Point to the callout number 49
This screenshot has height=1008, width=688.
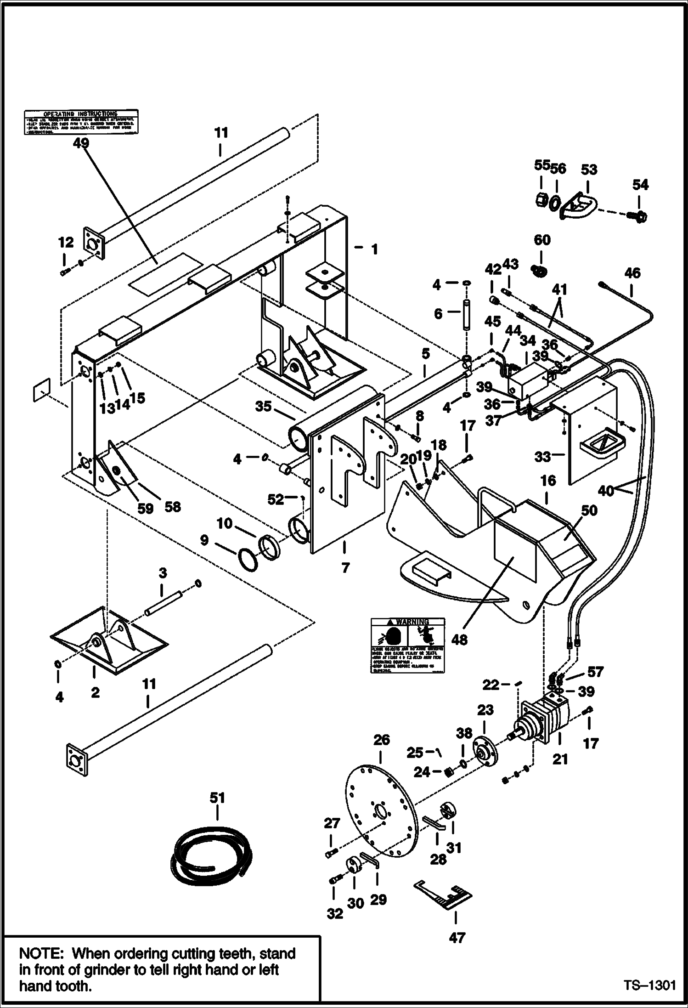81,143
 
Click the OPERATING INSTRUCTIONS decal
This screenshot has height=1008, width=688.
81,122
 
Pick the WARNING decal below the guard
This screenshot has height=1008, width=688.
408,645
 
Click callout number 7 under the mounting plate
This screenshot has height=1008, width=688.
345,568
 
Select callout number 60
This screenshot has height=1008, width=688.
542,240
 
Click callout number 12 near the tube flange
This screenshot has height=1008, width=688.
66,243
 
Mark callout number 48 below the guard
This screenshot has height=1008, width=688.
459,640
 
